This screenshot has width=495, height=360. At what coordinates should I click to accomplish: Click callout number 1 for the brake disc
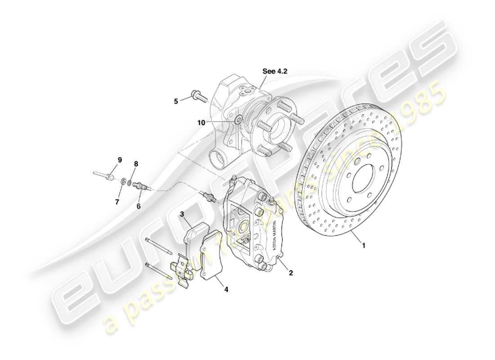click(364, 246)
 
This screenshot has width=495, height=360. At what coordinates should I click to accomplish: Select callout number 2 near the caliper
click(291, 272)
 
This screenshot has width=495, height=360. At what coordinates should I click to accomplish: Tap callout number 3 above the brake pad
click(182, 215)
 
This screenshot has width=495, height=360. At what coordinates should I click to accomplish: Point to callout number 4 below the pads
click(226, 290)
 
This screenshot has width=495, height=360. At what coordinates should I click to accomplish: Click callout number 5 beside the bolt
click(176, 101)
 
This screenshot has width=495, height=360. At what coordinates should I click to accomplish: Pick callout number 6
click(139, 206)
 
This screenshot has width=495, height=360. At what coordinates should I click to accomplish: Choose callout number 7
click(117, 202)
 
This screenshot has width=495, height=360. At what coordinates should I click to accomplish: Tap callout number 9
click(120, 160)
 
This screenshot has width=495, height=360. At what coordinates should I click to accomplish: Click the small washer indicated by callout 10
click(238, 119)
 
